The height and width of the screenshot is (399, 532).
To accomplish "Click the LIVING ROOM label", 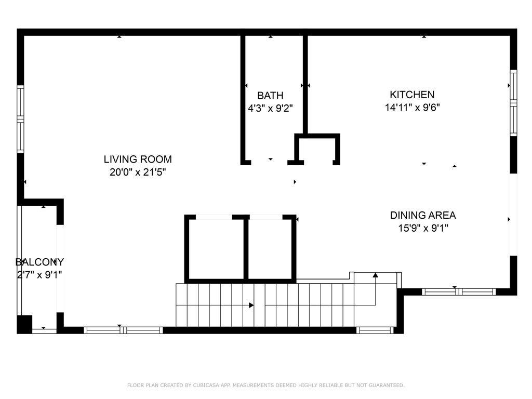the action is tap(138, 159).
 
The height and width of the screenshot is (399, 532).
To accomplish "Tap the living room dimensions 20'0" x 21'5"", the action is tap(138, 172).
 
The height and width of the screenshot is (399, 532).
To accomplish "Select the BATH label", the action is tap(270, 96).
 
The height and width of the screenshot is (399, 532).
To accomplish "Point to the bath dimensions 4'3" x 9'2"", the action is tap(270, 108).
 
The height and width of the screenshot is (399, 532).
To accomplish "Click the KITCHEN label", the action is tap(412, 95).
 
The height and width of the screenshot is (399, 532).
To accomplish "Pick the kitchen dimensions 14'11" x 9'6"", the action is tap(412, 107).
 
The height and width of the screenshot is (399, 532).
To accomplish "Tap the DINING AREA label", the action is tap(423, 215).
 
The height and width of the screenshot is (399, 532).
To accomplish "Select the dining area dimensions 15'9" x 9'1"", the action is tap(423, 228).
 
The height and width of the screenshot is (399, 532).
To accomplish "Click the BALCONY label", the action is tap(39, 262).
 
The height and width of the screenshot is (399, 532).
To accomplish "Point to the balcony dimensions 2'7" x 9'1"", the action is tap(39, 274).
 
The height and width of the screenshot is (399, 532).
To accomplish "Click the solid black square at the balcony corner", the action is tap(24, 324).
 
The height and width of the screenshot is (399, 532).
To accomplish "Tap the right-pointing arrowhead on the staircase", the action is tap(251, 305).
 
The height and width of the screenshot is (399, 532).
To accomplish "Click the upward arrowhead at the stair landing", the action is tap(375, 275).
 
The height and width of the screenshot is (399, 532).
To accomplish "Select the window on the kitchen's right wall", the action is tap(514, 103).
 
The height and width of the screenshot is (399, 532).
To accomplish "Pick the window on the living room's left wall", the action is tap(21, 119).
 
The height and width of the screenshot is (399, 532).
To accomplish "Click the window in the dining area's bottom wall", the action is tap(459, 292).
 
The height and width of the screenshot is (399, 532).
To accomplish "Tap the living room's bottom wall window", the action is tap(124, 330).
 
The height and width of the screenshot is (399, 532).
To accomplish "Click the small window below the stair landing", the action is tap(375, 330).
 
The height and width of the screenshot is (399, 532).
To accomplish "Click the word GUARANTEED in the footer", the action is tap(387, 385).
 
